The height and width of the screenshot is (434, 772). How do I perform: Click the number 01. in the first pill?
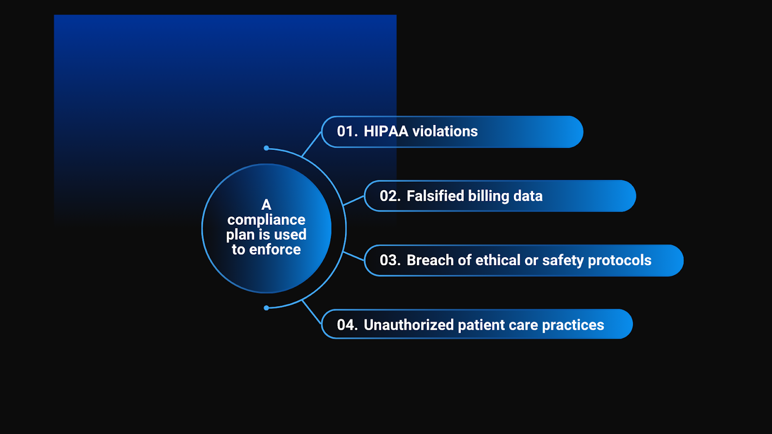click(347, 131)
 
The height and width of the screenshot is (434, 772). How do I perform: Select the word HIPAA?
click(386, 131)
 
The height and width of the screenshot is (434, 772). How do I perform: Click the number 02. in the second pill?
click(390, 196)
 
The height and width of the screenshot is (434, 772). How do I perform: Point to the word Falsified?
click(435, 196)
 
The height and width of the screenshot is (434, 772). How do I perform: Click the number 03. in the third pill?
click(390, 260)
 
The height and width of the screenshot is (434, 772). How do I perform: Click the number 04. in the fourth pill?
click(347, 325)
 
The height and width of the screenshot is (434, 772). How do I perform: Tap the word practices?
click(573, 325)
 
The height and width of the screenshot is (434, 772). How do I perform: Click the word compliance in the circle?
click(266, 220)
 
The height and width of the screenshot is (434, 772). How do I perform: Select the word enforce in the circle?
click(275, 249)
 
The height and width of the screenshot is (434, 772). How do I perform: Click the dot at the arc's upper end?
click(266, 148)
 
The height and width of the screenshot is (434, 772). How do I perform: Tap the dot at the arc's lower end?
click(266, 308)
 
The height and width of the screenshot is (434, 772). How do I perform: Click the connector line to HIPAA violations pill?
click(312, 144)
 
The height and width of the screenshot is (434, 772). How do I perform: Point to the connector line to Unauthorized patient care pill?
click(312, 312)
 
